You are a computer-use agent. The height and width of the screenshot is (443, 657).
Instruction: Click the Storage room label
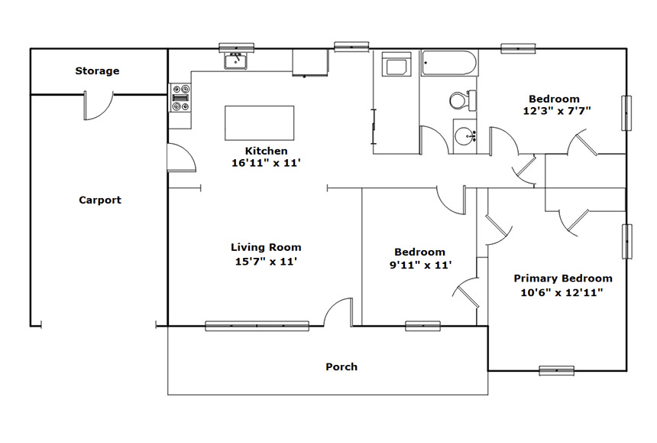(97, 71)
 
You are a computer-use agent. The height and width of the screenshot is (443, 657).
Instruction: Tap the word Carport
(100, 200)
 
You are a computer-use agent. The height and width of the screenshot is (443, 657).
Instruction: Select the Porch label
(341, 366)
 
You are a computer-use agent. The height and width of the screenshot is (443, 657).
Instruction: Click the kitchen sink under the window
(235, 62)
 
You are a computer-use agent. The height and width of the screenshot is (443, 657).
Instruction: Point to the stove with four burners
(180, 98)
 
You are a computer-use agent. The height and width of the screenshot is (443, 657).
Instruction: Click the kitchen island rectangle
(260, 123)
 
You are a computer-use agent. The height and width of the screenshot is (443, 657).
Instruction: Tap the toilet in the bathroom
(463, 100)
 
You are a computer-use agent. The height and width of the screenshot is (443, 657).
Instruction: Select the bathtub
(449, 64)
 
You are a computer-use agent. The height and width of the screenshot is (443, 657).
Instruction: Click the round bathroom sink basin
(465, 136)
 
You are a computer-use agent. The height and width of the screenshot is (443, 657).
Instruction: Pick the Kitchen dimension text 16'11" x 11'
(267, 163)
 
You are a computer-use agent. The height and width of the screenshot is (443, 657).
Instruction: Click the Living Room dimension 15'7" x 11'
(266, 262)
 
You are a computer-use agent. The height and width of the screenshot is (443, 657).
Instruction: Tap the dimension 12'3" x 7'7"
(557, 111)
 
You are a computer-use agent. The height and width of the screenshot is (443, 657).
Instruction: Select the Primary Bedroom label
(563, 279)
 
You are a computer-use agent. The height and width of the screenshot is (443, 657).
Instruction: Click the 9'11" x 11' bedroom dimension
(421, 265)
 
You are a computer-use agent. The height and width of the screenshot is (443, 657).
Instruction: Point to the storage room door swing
(99, 106)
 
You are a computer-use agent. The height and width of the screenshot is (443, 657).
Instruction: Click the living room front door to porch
(338, 311)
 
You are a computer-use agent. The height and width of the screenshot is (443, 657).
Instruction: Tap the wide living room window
(257, 326)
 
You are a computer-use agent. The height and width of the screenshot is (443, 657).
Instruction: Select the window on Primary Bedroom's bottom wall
(556, 371)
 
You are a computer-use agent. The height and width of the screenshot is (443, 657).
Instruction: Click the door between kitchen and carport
(181, 158)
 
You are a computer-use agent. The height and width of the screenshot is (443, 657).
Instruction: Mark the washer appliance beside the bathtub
(396, 64)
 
